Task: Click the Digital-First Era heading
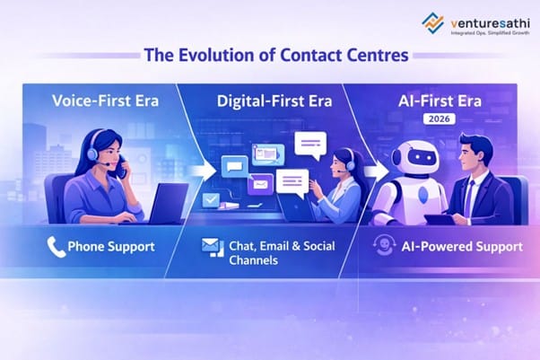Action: (x=273, y=100)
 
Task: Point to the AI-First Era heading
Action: (x=445, y=100)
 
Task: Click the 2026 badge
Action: (x=443, y=118)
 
